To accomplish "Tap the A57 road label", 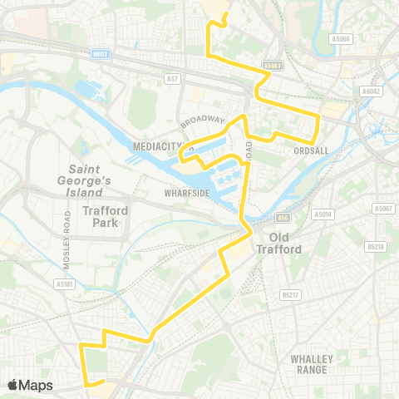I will [171, 79].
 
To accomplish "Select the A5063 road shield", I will [272, 64].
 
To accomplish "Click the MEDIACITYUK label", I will [162, 146].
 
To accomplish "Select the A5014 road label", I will [323, 214].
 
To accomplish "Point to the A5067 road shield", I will [382, 208].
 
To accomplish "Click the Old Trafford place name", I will [285, 242].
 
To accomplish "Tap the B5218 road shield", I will [377, 247].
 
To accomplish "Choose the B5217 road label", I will [290, 294].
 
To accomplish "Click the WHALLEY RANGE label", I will [312, 363].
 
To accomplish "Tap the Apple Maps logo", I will [30, 385].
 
